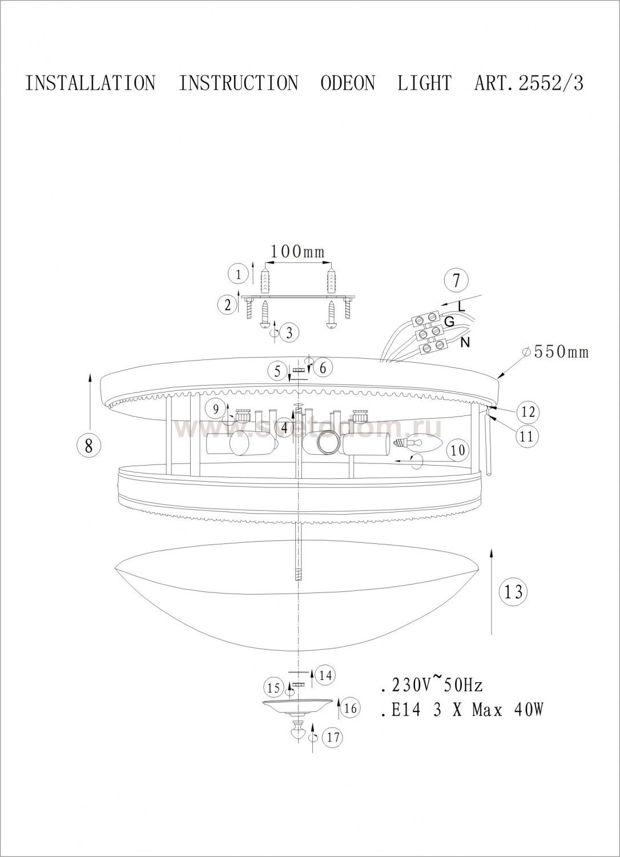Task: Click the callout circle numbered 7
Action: [456, 281]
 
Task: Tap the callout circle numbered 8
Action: [89, 446]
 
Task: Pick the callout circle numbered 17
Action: [333, 737]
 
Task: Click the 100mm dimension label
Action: [297, 252]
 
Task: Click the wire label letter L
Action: [461, 306]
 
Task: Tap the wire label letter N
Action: [465, 343]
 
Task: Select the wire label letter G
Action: [449, 322]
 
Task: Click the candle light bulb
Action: [418, 444]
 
